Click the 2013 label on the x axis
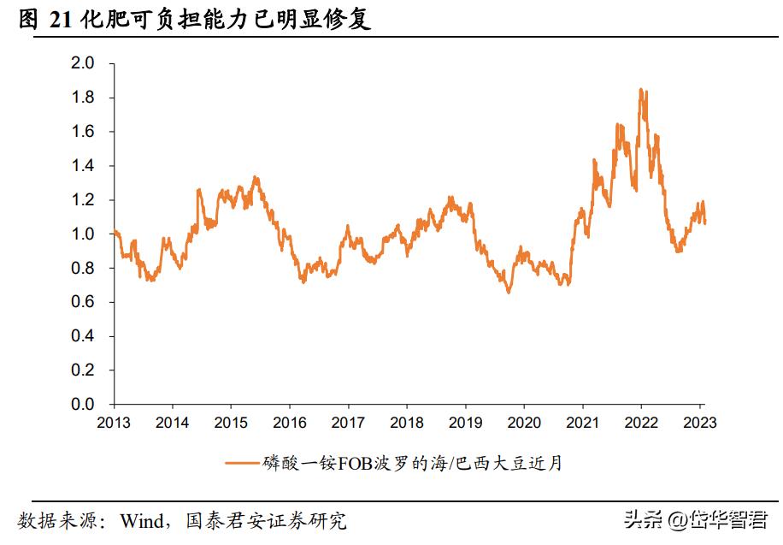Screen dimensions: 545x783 coord(114,423)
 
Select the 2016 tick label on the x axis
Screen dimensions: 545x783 coord(290,423)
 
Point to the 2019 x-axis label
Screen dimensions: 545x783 coord(466,423)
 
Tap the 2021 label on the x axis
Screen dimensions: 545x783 coord(583,423)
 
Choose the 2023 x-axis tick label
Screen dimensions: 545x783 coord(698,423)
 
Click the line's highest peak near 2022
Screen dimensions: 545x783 coord(640,89)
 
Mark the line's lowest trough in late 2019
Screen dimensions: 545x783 coord(509,293)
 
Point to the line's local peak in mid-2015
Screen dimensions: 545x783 coord(256,177)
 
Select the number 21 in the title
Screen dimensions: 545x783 coord(62,19)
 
